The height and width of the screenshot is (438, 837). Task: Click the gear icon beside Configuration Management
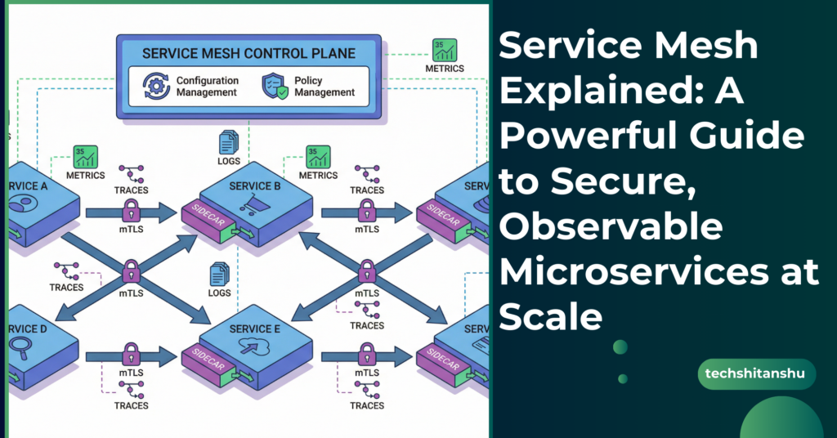[x=155, y=86]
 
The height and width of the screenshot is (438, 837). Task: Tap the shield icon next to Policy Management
[x=272, y=86]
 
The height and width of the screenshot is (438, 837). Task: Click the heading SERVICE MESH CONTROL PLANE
[x=248, y=54]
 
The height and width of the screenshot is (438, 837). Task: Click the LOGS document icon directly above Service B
[x=228, y=144]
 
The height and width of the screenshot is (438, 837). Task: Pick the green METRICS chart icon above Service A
[x=85, y=156]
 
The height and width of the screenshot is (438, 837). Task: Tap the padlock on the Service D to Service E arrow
[x=132, y=355]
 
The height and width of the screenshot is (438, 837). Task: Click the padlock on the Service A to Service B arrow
[x=132, y=212]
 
